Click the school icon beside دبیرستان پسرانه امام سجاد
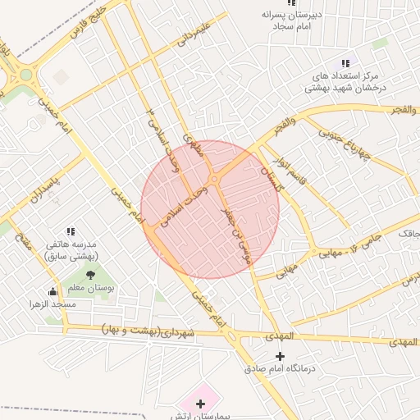pyautogui.click(x=291, y=3)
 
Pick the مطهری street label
pyautogui.click(x=194, y=147)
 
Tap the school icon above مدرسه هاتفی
pyautogui.click(x=71, y=232)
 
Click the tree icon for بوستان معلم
pyautogui.click(x=89, y=275)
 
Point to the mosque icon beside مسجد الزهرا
pyautogui.click(x=53, y=291)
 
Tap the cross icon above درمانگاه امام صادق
pyautogui.click(x=281, y=356)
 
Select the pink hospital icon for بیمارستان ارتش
pyautogui.click(x=201, y=404)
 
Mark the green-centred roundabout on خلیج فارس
pyautogui.click(x=25, y=75)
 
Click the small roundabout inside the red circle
pyautogui.click(x=214, y=179)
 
